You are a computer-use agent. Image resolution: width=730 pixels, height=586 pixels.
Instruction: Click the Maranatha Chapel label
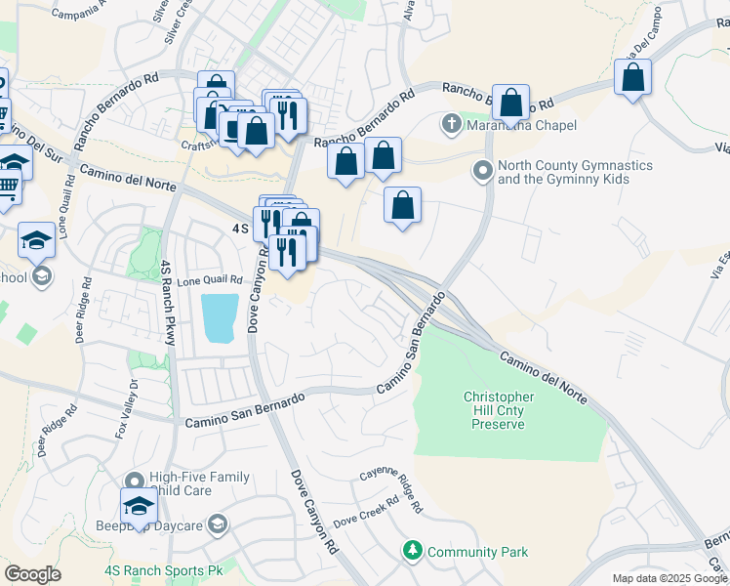point(521,125)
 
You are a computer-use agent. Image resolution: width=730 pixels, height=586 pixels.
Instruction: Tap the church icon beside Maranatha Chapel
point(451,125)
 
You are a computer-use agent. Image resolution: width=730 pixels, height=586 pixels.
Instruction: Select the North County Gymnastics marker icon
point(482,172)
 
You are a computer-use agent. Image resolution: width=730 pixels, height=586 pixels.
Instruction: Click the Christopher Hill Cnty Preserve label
point(499,410)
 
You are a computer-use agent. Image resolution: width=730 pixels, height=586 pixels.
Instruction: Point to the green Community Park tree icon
point(413,552)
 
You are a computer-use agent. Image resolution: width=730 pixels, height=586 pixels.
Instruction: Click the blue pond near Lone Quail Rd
point(218,317)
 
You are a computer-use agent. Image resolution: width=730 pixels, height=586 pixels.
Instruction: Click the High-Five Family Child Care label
point(200,484)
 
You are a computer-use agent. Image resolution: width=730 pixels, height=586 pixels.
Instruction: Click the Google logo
point(32,573)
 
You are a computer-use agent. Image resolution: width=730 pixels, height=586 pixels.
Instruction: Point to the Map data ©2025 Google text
point(669,578)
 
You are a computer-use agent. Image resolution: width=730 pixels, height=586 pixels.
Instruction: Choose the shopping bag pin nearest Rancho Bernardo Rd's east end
point(633,78)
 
